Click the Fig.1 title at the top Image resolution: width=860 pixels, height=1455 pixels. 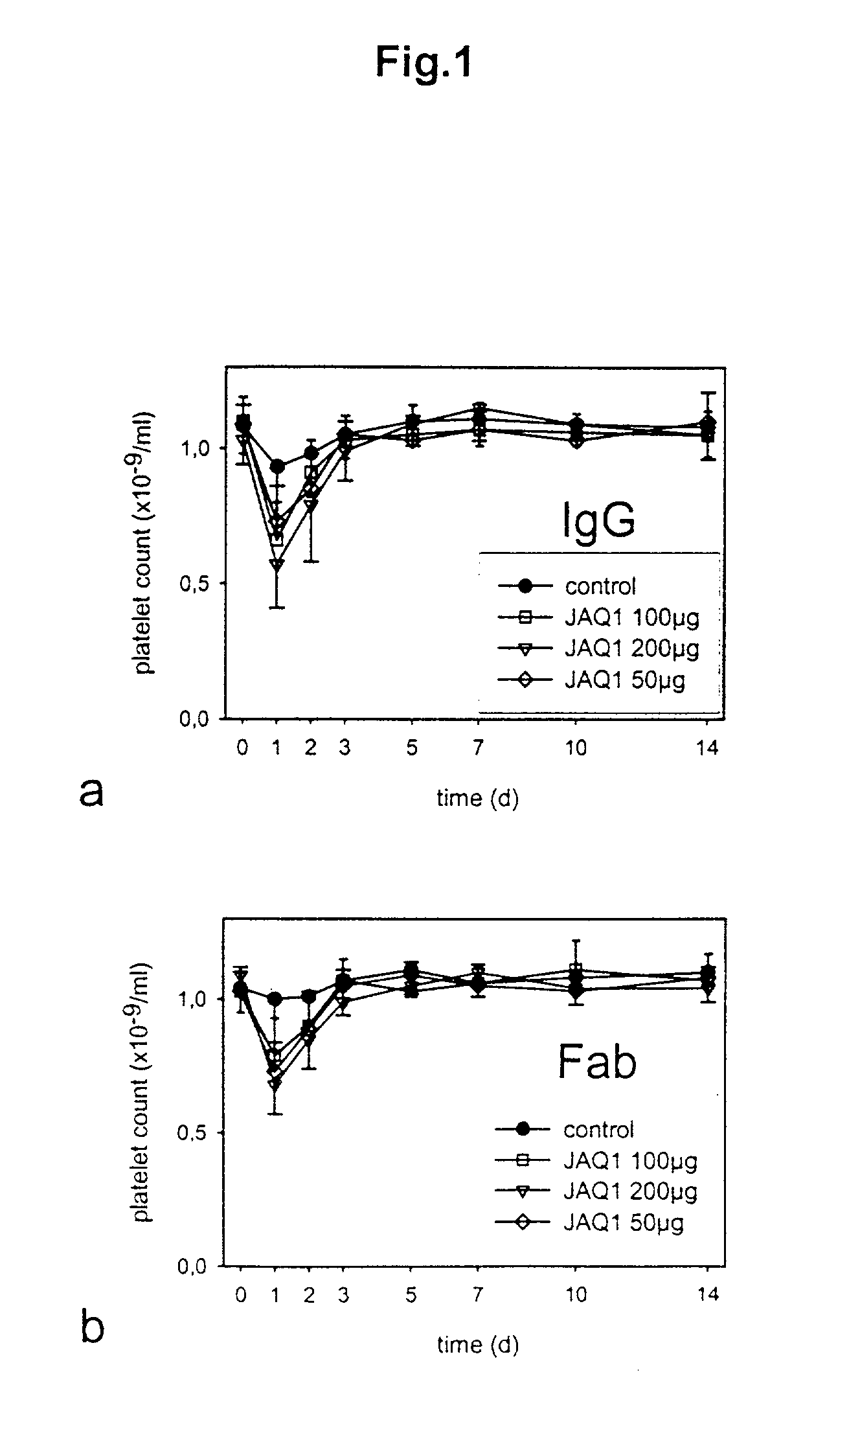424,64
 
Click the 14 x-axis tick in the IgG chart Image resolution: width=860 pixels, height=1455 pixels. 708,748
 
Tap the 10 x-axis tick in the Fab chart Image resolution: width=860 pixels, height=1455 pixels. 576,1294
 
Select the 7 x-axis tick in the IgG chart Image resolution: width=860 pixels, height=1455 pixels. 477,748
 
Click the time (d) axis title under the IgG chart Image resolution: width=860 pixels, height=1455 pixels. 477,797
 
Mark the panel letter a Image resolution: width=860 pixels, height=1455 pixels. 91,792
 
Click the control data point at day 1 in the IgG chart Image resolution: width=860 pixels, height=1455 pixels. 277,466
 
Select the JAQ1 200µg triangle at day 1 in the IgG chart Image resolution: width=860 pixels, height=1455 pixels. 277,565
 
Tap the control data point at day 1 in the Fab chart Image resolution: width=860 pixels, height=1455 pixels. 275,999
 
